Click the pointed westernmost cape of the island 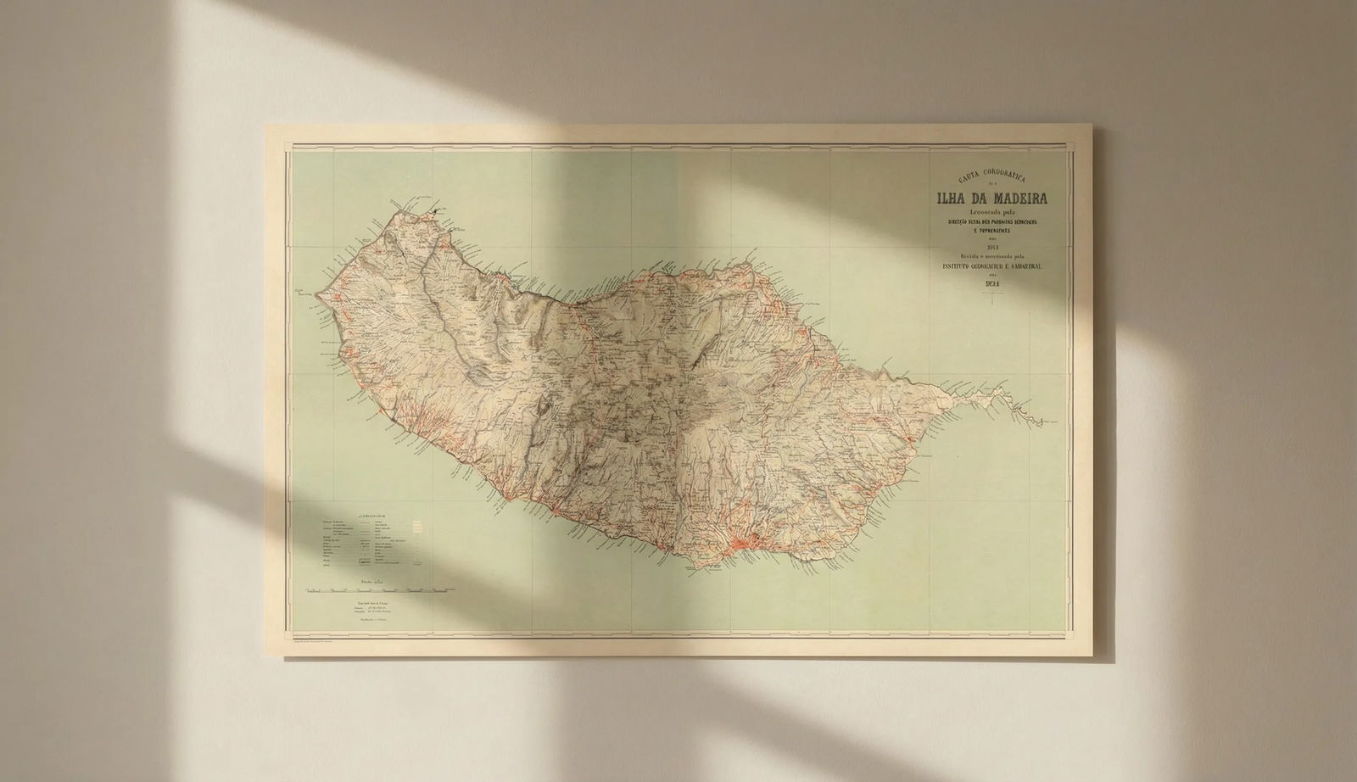click(316, 294)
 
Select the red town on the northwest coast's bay click(343, 349)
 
